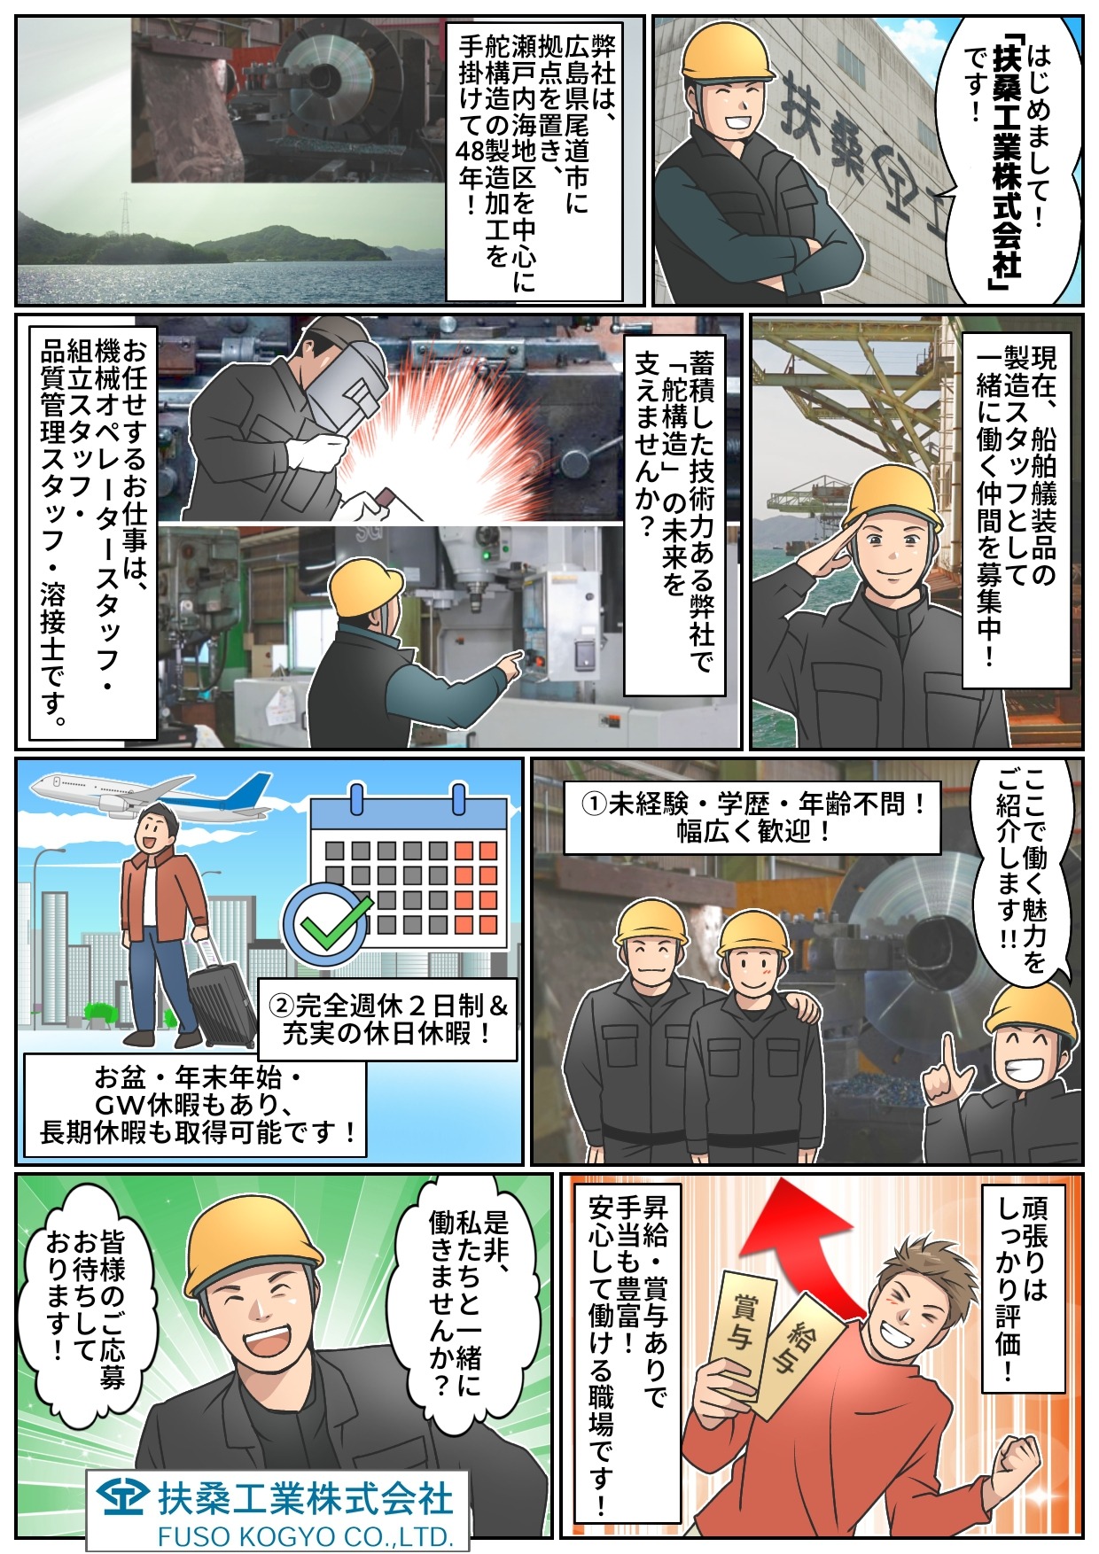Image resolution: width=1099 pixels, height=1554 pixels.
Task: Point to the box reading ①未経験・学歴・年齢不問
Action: point(752,817)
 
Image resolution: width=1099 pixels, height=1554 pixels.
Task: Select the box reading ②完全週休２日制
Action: point(387,1019)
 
